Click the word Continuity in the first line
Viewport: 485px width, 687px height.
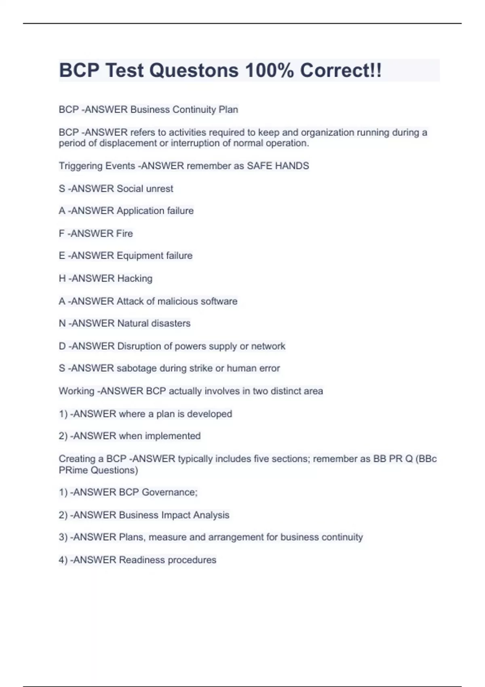(x=194, y=110)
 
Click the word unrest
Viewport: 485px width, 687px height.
(x=159, y=189)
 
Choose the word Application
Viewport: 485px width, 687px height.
(x=139, y=211)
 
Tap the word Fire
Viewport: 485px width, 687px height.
(x=124, y=234)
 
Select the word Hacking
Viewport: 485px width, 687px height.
(x=135, y=278)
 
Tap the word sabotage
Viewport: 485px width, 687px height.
(x=137, y=369)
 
